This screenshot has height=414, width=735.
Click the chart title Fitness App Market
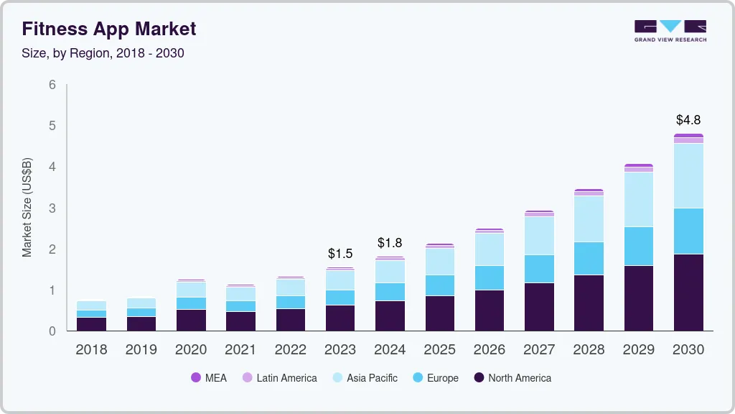108,29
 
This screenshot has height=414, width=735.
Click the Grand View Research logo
670,30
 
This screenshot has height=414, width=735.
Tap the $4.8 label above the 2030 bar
688,119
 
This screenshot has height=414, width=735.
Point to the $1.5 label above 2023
340,254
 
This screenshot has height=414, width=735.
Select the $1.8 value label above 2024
390,243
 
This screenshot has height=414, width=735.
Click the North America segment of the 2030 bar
688,293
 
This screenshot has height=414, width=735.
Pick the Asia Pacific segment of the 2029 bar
639,199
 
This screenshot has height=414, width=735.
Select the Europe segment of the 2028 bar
589,258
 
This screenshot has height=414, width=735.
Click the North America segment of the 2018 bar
91,323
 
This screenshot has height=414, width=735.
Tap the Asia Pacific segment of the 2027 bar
539,235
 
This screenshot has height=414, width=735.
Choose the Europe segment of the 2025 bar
439,285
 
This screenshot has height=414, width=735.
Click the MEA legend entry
209,378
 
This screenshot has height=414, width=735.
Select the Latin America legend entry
279,378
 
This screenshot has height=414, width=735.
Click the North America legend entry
512,378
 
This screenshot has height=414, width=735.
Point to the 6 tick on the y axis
52,85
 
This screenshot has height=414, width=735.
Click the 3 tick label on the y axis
52,208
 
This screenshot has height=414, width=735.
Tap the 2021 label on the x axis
240,349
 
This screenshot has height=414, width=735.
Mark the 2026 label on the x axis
490,349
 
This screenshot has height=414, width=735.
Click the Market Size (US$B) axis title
27,208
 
